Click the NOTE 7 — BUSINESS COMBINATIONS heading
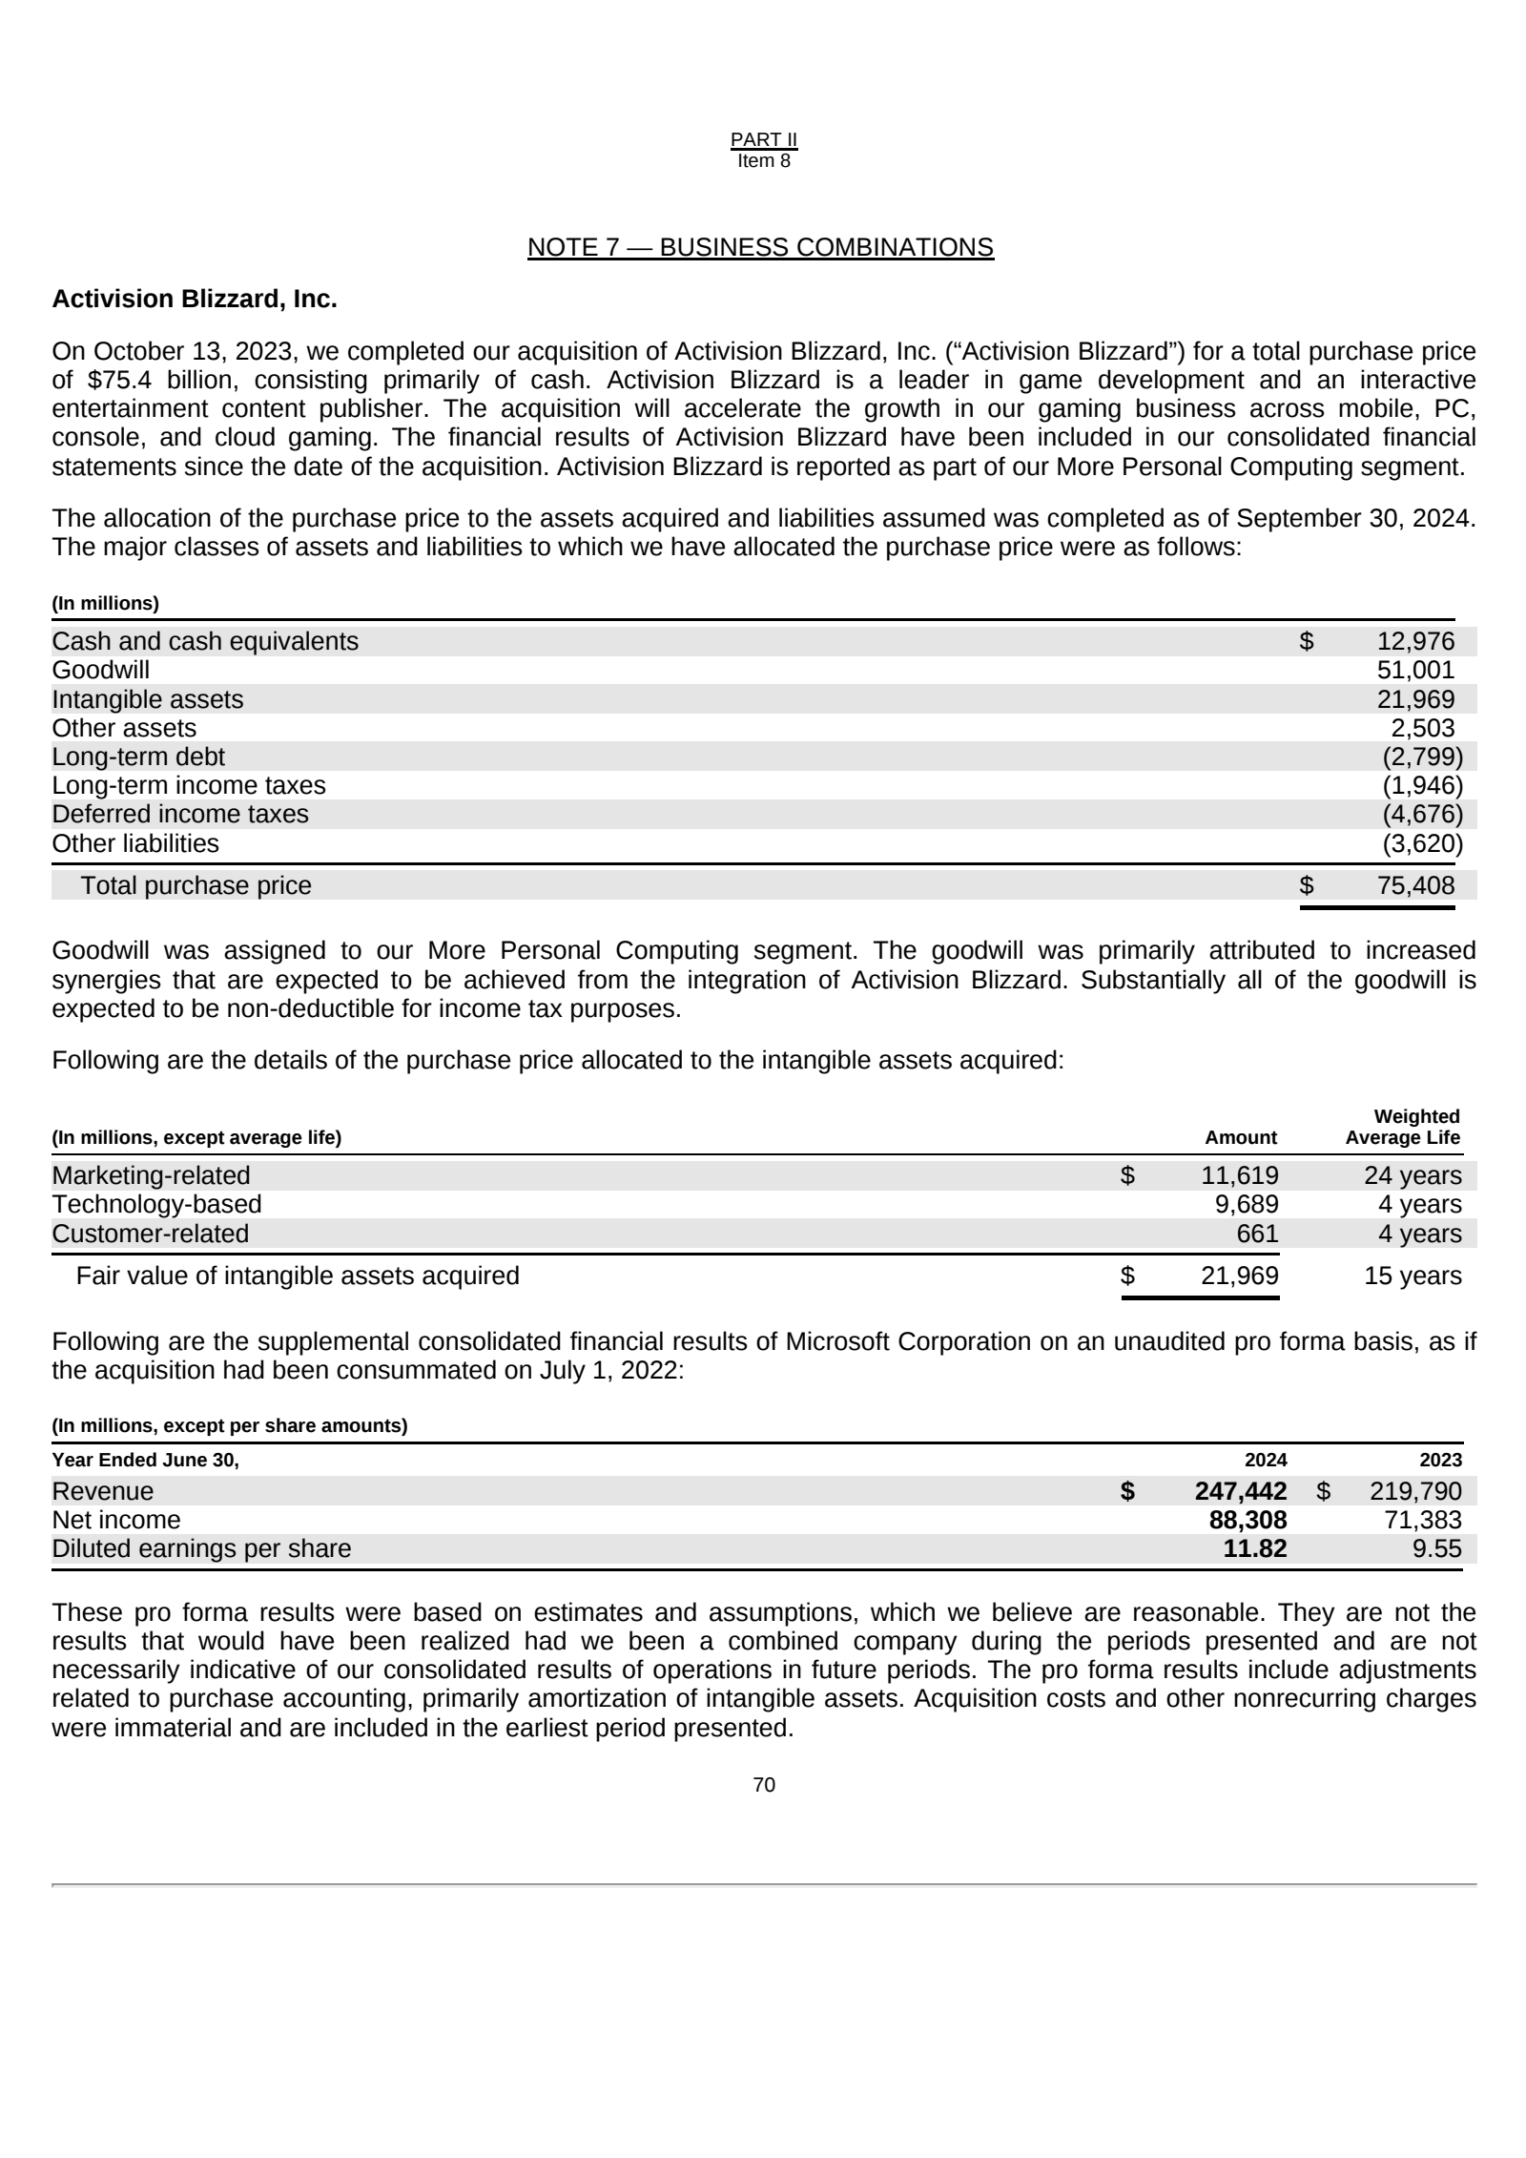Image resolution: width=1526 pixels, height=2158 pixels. click(x=760, y=248)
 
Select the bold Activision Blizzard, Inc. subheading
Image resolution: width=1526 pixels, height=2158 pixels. click(x=195, y=300)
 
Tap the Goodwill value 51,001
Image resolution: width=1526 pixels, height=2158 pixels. click(x=1415, y=671)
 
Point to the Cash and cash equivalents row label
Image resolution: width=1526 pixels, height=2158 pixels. click(x=205, y=642)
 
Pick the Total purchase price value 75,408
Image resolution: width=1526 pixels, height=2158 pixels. click(x=1415, y=886)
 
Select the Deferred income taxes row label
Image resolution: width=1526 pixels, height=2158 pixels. click(x=180, y=815)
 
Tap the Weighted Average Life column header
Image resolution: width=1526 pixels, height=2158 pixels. click(x=1402, y=1128)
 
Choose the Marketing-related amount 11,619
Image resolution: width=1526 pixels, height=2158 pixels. click(x=1239, y=1176)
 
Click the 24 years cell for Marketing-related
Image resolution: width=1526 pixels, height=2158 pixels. click(x=1412, y=1176)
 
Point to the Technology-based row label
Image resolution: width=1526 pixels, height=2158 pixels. click(x=156, y=1205)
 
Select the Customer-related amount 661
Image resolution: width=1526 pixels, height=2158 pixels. click(x=1257, y=1235)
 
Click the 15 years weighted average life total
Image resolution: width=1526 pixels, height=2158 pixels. click(x=1412, y=1276)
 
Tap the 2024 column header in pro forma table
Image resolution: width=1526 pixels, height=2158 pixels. click(x=1266, y=1461)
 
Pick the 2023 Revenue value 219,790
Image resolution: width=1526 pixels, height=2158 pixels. click(x=1415, y=1492)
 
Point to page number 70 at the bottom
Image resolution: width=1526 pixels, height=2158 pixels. click(x=764, y=1786)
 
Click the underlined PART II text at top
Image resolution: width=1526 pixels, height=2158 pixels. click(x=764, y=140)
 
